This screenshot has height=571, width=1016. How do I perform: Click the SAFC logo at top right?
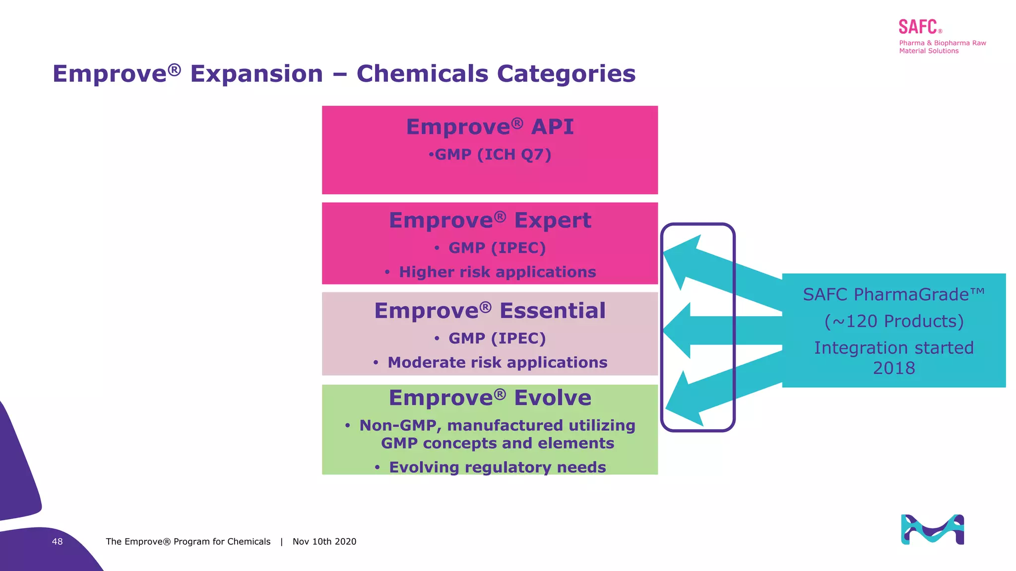(918, 27)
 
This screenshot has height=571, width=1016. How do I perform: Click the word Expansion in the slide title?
(256, 74)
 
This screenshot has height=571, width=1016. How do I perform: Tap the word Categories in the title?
(566, 74)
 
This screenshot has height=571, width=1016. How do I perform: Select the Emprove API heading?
(490, 127)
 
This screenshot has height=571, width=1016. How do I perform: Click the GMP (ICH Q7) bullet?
(490, 155)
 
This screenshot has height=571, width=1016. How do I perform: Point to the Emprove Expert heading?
(490, 220)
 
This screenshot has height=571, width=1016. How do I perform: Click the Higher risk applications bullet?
(497, 272)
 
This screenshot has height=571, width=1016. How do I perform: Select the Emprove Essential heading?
(490, 311)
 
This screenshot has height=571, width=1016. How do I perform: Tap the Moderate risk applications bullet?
(497, 363)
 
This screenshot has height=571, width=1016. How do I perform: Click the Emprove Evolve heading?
(490, 398)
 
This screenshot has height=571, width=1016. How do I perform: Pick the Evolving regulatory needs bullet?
(497, 467)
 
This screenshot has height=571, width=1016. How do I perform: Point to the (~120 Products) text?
(893, 321)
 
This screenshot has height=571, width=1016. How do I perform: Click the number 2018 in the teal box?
(893, 368)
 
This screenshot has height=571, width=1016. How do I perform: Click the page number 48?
(57, 542)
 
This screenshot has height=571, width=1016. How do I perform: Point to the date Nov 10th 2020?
(324, 542)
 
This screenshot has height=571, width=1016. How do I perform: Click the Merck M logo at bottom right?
(932, 529)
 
